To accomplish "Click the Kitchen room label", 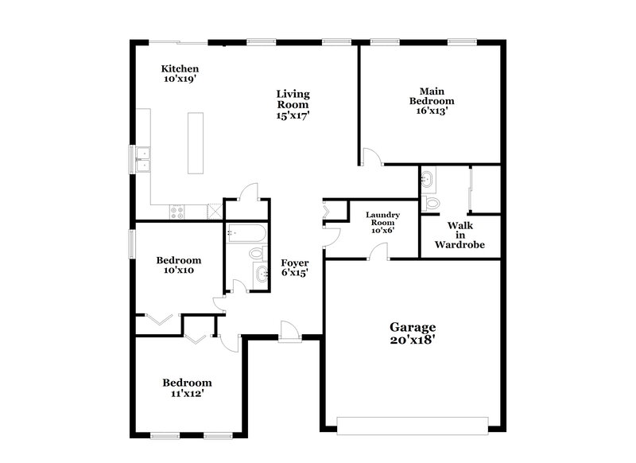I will click(x=180, y=74).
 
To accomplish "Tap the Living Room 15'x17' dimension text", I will click(x=293, y=115).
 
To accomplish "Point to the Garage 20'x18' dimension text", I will click(x=412, y=339).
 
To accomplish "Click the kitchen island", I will click(x=195, y=142).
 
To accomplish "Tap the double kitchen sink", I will click(x=143, y=159).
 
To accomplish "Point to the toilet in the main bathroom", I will click(x=430, y=203).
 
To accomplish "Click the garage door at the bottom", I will click(x=411, y=425).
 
